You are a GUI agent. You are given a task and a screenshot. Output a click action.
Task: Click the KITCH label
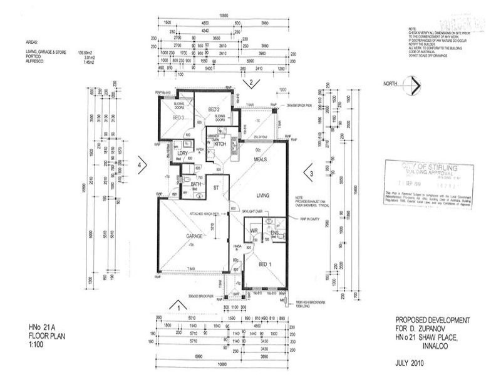click(x=220, y=144)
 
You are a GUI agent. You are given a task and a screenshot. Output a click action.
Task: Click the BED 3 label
click(x=178, y=117)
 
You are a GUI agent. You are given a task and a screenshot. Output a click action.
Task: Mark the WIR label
click(x=254, y=231)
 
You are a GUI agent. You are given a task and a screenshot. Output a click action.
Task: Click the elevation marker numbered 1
click(x=179, y=307)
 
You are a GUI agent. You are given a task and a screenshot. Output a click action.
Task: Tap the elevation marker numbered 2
click(x=250, y=82)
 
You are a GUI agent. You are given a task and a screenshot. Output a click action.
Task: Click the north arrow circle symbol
click(x=411, y=85)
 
